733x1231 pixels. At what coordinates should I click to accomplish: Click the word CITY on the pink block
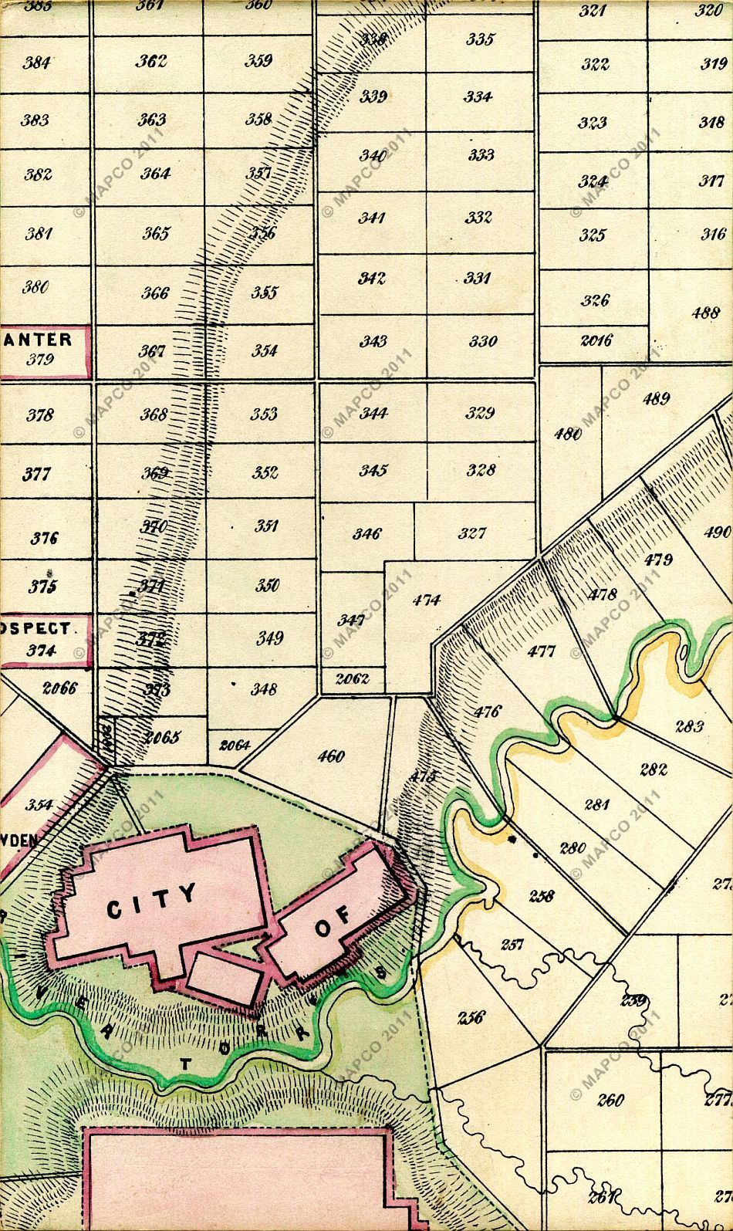click(x=151, y=901)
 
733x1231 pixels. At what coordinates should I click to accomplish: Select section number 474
click(x=426, y=600)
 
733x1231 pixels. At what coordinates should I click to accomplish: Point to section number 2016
click(x=596, y=340)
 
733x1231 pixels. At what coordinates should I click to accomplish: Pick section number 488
click(x=705, y=313)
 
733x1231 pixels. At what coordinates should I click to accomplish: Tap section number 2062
click(x=353, y=679)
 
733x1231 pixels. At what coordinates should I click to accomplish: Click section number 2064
click(x=235, y=745)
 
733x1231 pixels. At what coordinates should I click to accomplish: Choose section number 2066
click(x=59, y=688)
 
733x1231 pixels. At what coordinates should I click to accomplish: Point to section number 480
click(x=568, y=434)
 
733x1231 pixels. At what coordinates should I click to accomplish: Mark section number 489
click(x=656, y=399)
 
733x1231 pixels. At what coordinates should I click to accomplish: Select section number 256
click(x=471, y=1017)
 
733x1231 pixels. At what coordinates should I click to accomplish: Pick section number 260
click(x=610, y=1100)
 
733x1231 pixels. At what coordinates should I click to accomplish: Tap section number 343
click(x=373, y=342)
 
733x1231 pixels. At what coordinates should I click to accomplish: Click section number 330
click(x=483, y=342)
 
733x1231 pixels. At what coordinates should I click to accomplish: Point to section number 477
click(x=541, y=651)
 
